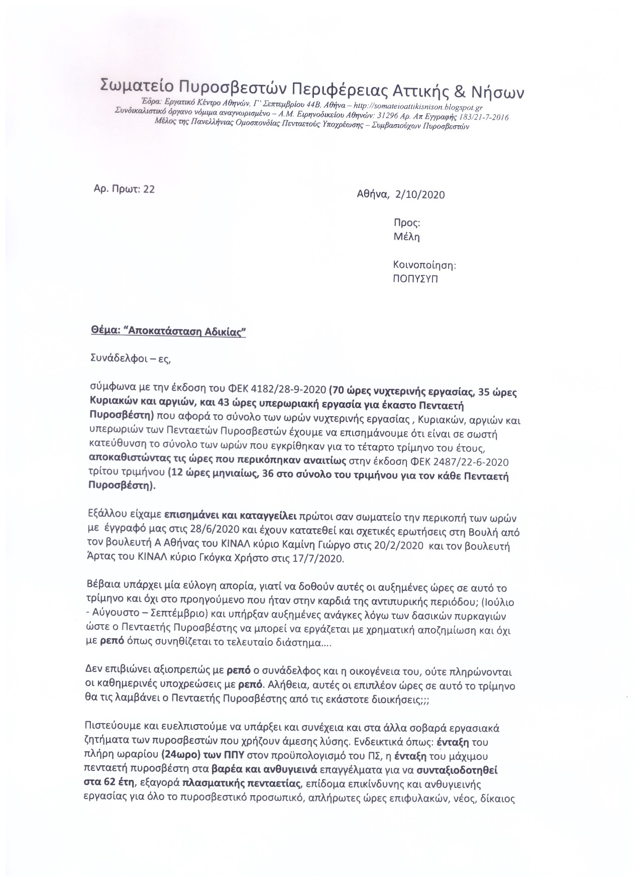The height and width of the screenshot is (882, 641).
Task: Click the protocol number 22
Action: tap(149, 189)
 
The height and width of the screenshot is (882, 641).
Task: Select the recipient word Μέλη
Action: tap(406, 237)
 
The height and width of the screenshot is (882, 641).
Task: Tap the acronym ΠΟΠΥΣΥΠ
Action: tap(415, 279)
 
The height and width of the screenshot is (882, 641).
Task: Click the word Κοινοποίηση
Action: tap(424, 265)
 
